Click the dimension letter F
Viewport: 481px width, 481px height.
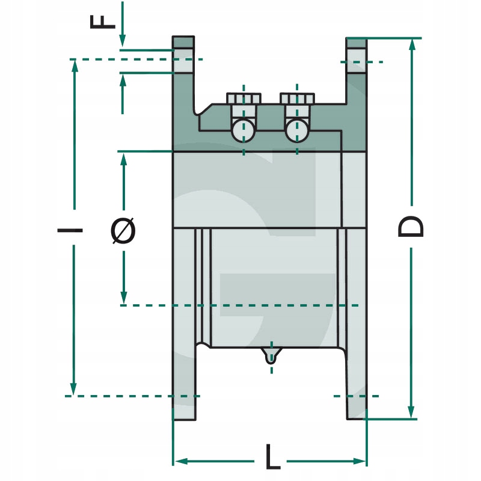click(x=103, y=21)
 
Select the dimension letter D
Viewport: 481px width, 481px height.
click(x=411, y=227)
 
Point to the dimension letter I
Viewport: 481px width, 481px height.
click(x=71, y=230)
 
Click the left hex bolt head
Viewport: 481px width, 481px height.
click(x=244, y=98)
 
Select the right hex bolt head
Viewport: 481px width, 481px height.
click(x=297, y=98)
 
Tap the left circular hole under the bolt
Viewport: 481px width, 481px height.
click(x=244, y=129)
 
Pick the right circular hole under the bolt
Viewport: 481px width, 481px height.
click(x=297, y=129)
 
